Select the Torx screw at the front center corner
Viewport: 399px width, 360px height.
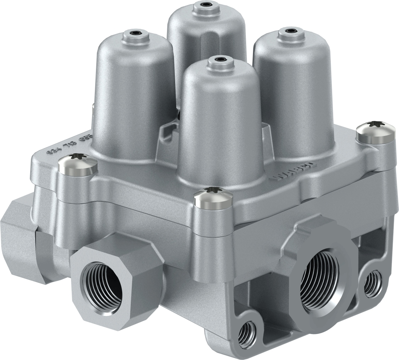(213, 197)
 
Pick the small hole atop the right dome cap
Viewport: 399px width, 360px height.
(292, 31)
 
